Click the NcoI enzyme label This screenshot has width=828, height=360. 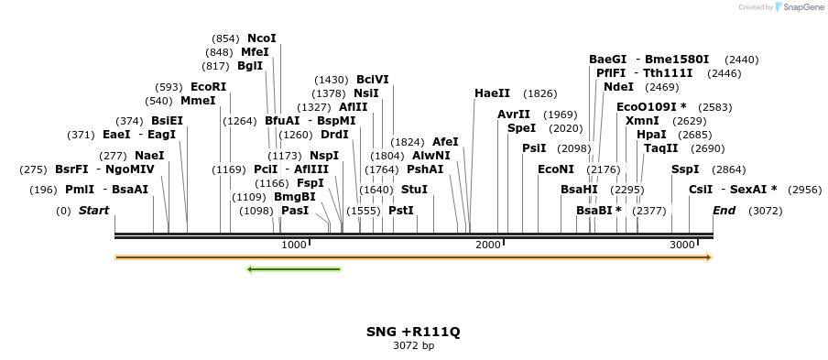click(x=261, y=38)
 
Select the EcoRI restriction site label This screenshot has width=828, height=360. click(x=208, y=87)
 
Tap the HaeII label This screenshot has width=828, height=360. click(x=492, y=93)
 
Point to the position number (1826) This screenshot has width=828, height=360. click(x=539, y=93)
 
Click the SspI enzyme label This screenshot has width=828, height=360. click(x=685, y=169)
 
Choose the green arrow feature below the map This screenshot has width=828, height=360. click(x=294, y=269)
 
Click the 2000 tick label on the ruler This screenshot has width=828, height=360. click(x=488, y=245)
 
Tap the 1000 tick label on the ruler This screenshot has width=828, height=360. click(x=293, y=245)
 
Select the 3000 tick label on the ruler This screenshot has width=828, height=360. click(x=682, y=245)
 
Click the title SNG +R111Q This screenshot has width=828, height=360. click(x=413, y=331)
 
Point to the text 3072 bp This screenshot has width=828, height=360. click(x=413, y=345)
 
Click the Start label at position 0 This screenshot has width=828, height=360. click(x=93, y=211)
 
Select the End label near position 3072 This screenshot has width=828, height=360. click(x=724, y=211)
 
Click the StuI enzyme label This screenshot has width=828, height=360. click(x=414, y=190)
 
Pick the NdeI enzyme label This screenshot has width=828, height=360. click(x=618, y=87)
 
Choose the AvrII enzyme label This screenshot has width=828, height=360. click(x=514, y=115)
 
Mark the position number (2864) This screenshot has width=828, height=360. click(x=729, y=169)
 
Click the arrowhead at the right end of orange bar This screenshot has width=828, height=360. click(x=708, y=257)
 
